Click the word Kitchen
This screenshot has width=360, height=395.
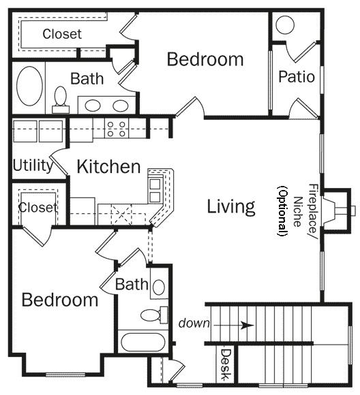(x=108, y=166)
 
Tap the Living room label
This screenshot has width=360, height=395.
(x=231, y=206)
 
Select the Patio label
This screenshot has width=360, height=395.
(x=297, y=76)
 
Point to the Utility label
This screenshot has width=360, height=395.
(x=32, y=165)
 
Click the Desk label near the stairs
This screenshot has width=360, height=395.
(x=226, y=366)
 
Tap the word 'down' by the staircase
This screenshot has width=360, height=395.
(x=194, y=323)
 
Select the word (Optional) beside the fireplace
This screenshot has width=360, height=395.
(x=280, y=211)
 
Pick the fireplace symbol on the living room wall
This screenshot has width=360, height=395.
(x=335, y=210)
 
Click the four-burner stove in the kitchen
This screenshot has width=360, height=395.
(x=116, y=129)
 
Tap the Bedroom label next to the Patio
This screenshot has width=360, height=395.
(x=205, y=59)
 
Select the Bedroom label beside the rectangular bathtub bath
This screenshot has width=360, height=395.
(x=59, y=300)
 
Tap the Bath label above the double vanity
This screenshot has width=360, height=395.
(x=87, y=78)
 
